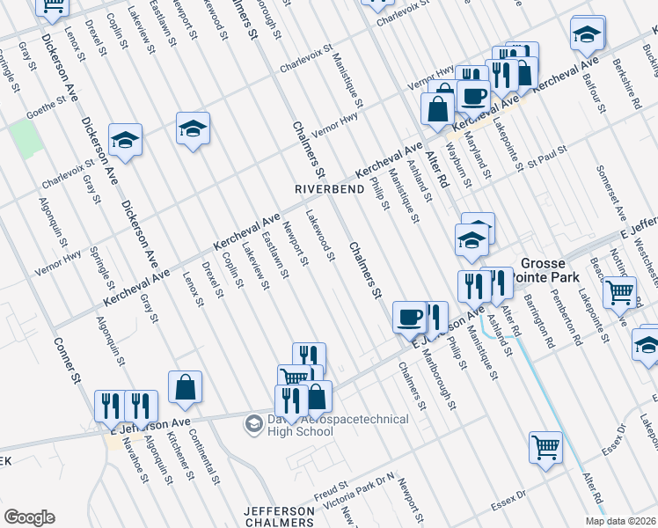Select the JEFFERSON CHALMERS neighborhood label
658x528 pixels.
279,517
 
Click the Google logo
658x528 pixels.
29,517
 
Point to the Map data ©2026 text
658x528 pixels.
620,520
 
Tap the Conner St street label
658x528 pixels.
67,362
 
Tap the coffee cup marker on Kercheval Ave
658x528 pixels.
473,94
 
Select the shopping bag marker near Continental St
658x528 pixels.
186,386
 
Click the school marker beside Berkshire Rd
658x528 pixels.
586,34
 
